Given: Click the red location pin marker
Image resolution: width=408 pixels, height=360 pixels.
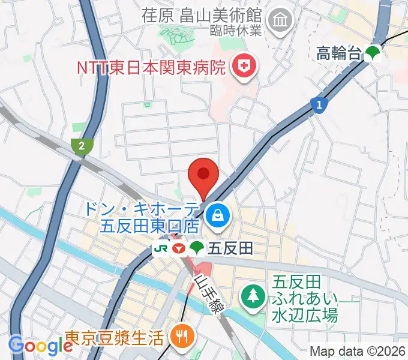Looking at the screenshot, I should coord(203,175).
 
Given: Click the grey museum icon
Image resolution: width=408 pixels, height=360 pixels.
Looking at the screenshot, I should coord(280,22).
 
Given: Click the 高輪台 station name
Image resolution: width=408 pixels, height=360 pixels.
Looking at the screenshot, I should coord(339,54).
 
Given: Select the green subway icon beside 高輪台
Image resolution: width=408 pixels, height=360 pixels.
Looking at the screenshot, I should coord(373,54).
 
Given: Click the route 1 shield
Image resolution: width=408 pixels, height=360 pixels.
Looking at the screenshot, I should coord(320,105).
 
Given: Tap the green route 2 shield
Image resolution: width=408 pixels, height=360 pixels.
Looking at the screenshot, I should coord(82,145).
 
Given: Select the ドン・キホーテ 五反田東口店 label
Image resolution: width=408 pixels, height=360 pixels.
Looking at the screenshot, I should coord(142,218).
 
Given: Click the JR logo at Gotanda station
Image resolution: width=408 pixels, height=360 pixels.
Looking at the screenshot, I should coord(161,247).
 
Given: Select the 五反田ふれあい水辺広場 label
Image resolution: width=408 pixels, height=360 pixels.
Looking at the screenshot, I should coord(305,298).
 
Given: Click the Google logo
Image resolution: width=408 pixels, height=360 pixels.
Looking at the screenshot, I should coord(40,346).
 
